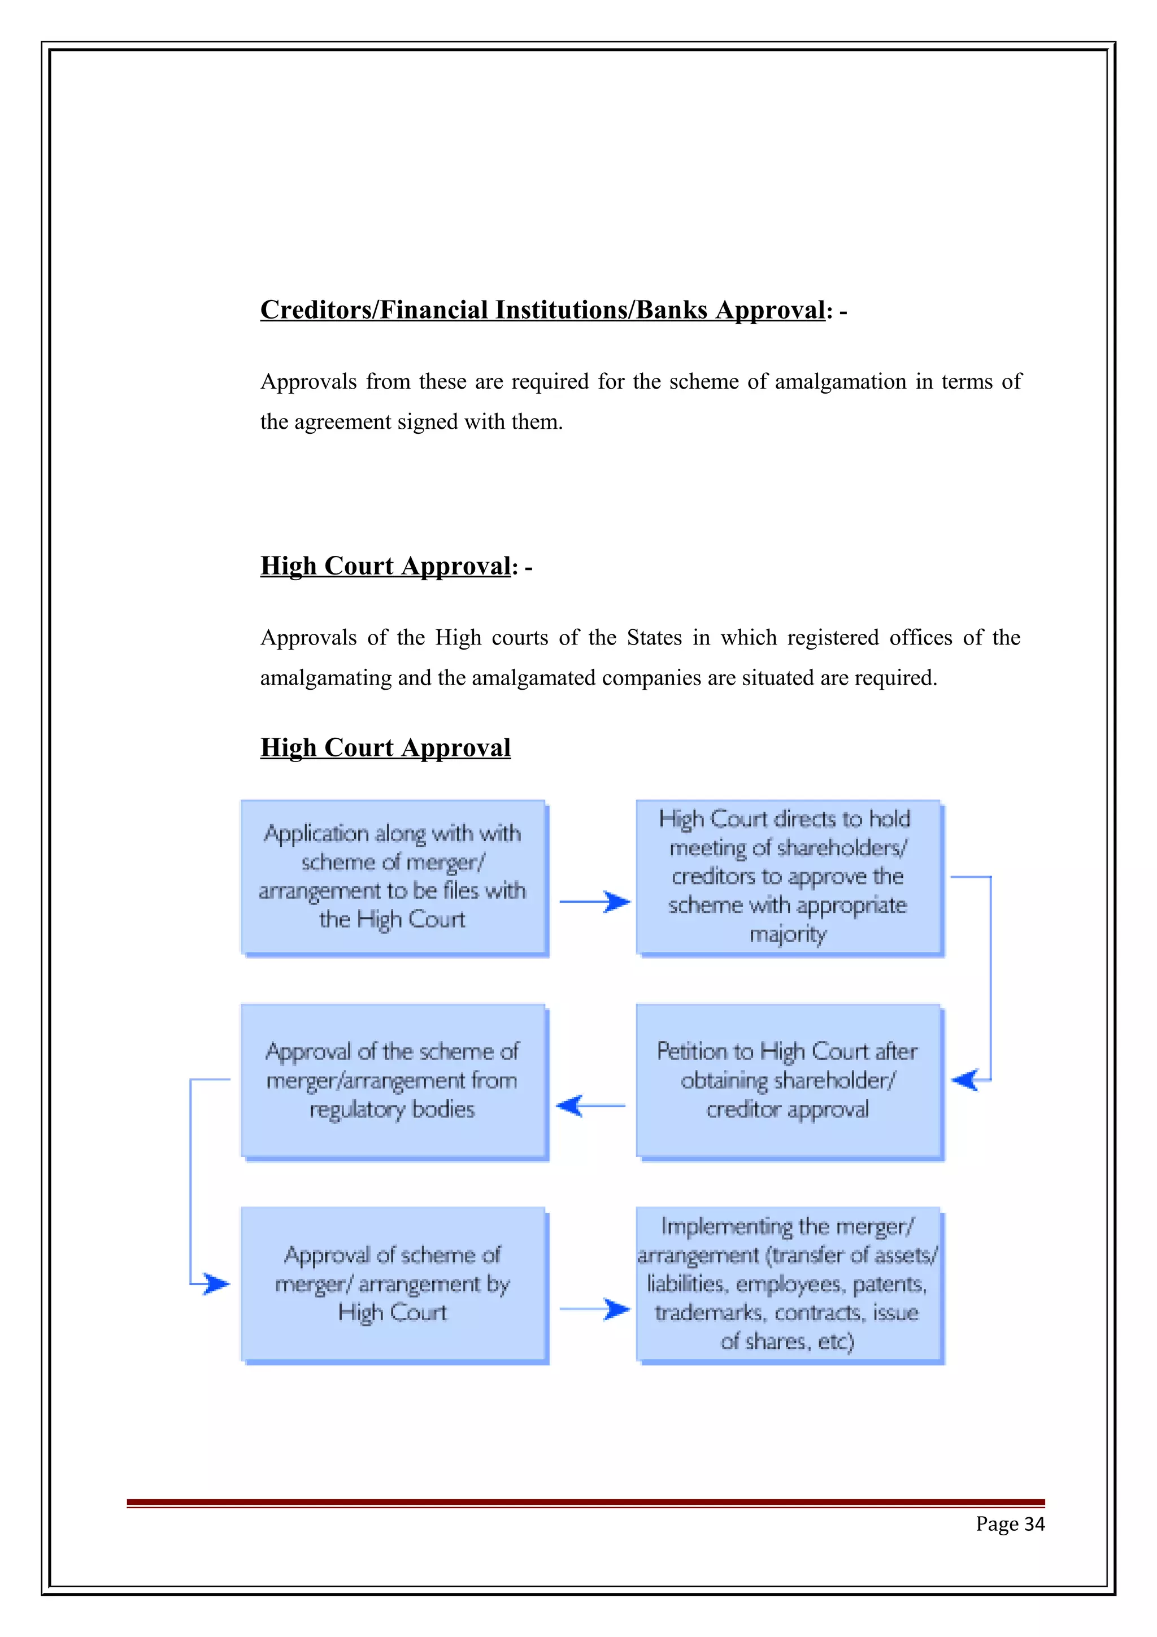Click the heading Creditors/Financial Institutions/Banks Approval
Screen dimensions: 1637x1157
(x=542, y=310)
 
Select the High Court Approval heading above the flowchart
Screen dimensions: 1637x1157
(x=385, y=747)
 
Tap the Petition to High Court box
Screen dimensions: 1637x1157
(x=789, y=1080)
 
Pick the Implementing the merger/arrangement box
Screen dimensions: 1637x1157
(x=789, y=1284)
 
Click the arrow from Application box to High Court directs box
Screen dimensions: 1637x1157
(x=594, y=902)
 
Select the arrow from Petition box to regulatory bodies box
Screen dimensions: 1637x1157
(x=590, y=1106)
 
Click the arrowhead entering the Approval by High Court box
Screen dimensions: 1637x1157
(x=215, y=1284)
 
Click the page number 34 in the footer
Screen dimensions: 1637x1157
(x=1010, y=1525)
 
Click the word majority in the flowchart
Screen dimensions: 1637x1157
(x=788, y=934)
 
